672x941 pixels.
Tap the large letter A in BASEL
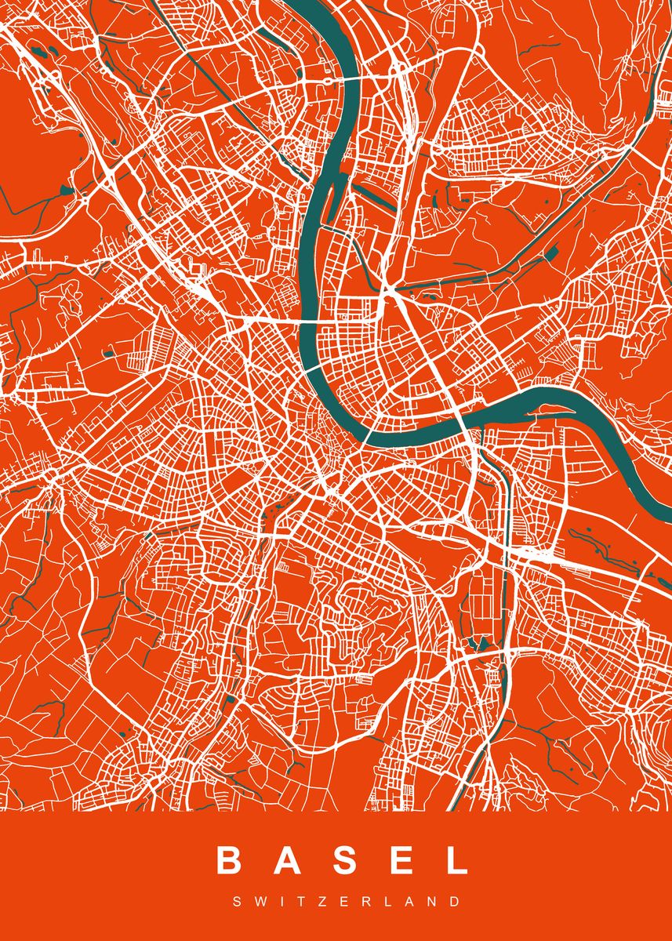point(288,861)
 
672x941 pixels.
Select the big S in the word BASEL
point(344,861)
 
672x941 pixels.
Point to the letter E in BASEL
point(399,861)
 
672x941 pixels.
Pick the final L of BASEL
point(454,861)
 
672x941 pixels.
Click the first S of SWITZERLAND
point(236,903)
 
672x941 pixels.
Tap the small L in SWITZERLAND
point(360,903)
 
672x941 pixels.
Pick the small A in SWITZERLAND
point(379,903)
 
